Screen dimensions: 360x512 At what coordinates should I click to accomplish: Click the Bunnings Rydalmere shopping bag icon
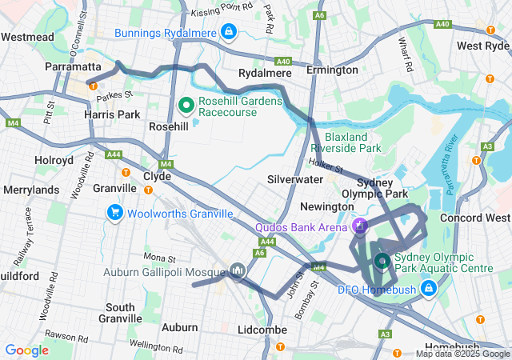(x=230, y=32)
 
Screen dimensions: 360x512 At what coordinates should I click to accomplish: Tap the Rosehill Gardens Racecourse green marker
(x=186, y=105)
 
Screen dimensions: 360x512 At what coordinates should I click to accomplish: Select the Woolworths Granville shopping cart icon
(x=115, y=213)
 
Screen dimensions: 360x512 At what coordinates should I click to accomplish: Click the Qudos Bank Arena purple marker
(x=360, y=227)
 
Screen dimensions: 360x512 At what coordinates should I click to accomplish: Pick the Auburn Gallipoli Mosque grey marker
(x=237, y=272)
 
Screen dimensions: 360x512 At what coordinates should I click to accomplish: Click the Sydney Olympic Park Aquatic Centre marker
(x=382, y=262)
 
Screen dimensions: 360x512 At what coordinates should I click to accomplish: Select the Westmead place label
(x=27, y=37)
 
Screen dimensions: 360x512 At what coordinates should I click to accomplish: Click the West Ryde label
(x=483, y=46)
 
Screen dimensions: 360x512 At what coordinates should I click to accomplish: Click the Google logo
(x=26, y=350)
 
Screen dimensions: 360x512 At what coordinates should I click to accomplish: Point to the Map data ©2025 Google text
(x=462, y=354)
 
